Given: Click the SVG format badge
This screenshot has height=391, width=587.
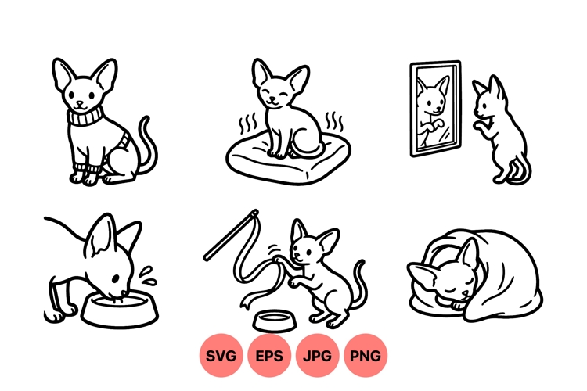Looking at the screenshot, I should (x=221, y=356).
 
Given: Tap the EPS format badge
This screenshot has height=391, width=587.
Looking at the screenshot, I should (x=269, y=356).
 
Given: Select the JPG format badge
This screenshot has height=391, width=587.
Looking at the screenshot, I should (x=317, y=356).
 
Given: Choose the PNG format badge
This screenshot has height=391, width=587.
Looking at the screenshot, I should (x=365, y=356).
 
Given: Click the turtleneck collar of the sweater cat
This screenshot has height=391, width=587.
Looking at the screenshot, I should (x=83, y=118).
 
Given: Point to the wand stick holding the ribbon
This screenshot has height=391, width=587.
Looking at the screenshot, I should (x=231, y=234).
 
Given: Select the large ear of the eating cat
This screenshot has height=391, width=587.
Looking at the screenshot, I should (x=101, y=239).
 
